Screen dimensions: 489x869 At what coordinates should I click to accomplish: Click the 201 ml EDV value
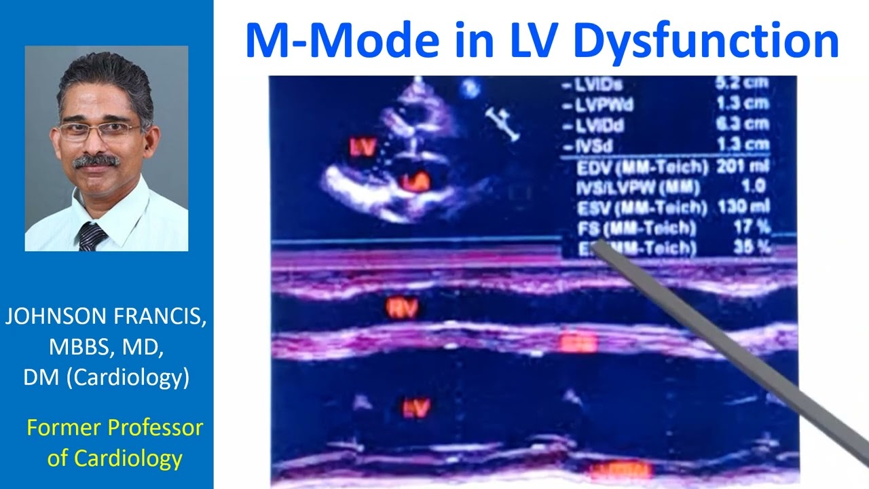click(750, 166)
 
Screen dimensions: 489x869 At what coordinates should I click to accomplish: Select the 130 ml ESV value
click(750, 206)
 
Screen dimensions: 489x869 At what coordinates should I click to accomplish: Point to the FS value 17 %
click(756, 227)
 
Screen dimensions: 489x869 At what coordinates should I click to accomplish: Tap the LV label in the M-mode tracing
click(415, 407)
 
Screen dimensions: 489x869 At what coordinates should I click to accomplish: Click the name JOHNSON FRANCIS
click(106, 316)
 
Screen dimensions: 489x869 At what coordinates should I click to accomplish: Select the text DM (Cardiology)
click(106, 377)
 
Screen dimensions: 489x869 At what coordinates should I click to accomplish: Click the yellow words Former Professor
click(115, 428)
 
